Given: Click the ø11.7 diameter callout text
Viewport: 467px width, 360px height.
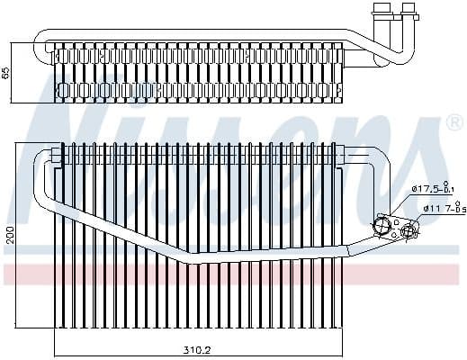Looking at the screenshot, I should coord(441,210).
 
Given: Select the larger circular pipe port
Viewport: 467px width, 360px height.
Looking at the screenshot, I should coord(382,226).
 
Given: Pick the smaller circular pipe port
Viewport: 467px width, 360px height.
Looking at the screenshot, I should coord(408,231).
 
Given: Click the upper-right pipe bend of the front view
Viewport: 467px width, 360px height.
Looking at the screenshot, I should coord(383,163).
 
